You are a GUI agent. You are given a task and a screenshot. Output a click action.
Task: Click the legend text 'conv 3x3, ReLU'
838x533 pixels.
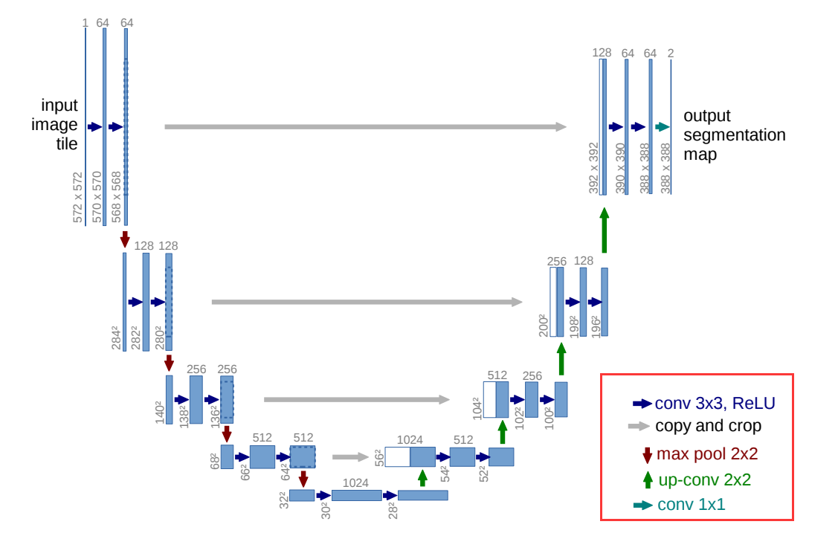715,404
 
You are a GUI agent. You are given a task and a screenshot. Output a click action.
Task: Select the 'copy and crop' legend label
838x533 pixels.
708,427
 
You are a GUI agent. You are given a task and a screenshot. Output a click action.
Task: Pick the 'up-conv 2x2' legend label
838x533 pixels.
704,479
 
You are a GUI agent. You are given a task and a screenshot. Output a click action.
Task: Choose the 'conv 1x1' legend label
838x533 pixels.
691,505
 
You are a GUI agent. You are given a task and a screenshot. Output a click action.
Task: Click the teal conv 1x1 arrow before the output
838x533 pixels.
663,127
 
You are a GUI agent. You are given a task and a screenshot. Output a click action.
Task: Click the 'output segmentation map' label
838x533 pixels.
733,135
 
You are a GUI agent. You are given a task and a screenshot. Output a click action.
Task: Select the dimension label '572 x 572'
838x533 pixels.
78,197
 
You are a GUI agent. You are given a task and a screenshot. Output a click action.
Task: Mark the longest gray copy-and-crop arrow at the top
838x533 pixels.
365,127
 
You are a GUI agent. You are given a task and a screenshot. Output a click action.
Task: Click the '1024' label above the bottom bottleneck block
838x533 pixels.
355,482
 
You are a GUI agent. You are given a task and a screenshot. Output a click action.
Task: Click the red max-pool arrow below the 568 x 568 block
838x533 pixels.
125,239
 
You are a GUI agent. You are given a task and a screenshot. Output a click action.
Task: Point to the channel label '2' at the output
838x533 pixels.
671,53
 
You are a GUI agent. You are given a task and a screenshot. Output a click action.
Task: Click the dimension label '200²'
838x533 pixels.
543,325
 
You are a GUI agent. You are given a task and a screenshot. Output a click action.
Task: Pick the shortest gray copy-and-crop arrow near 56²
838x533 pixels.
350,457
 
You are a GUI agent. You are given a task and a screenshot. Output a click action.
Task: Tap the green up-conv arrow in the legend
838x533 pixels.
647,479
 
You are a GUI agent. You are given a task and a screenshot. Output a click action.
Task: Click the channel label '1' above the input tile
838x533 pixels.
85,23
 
